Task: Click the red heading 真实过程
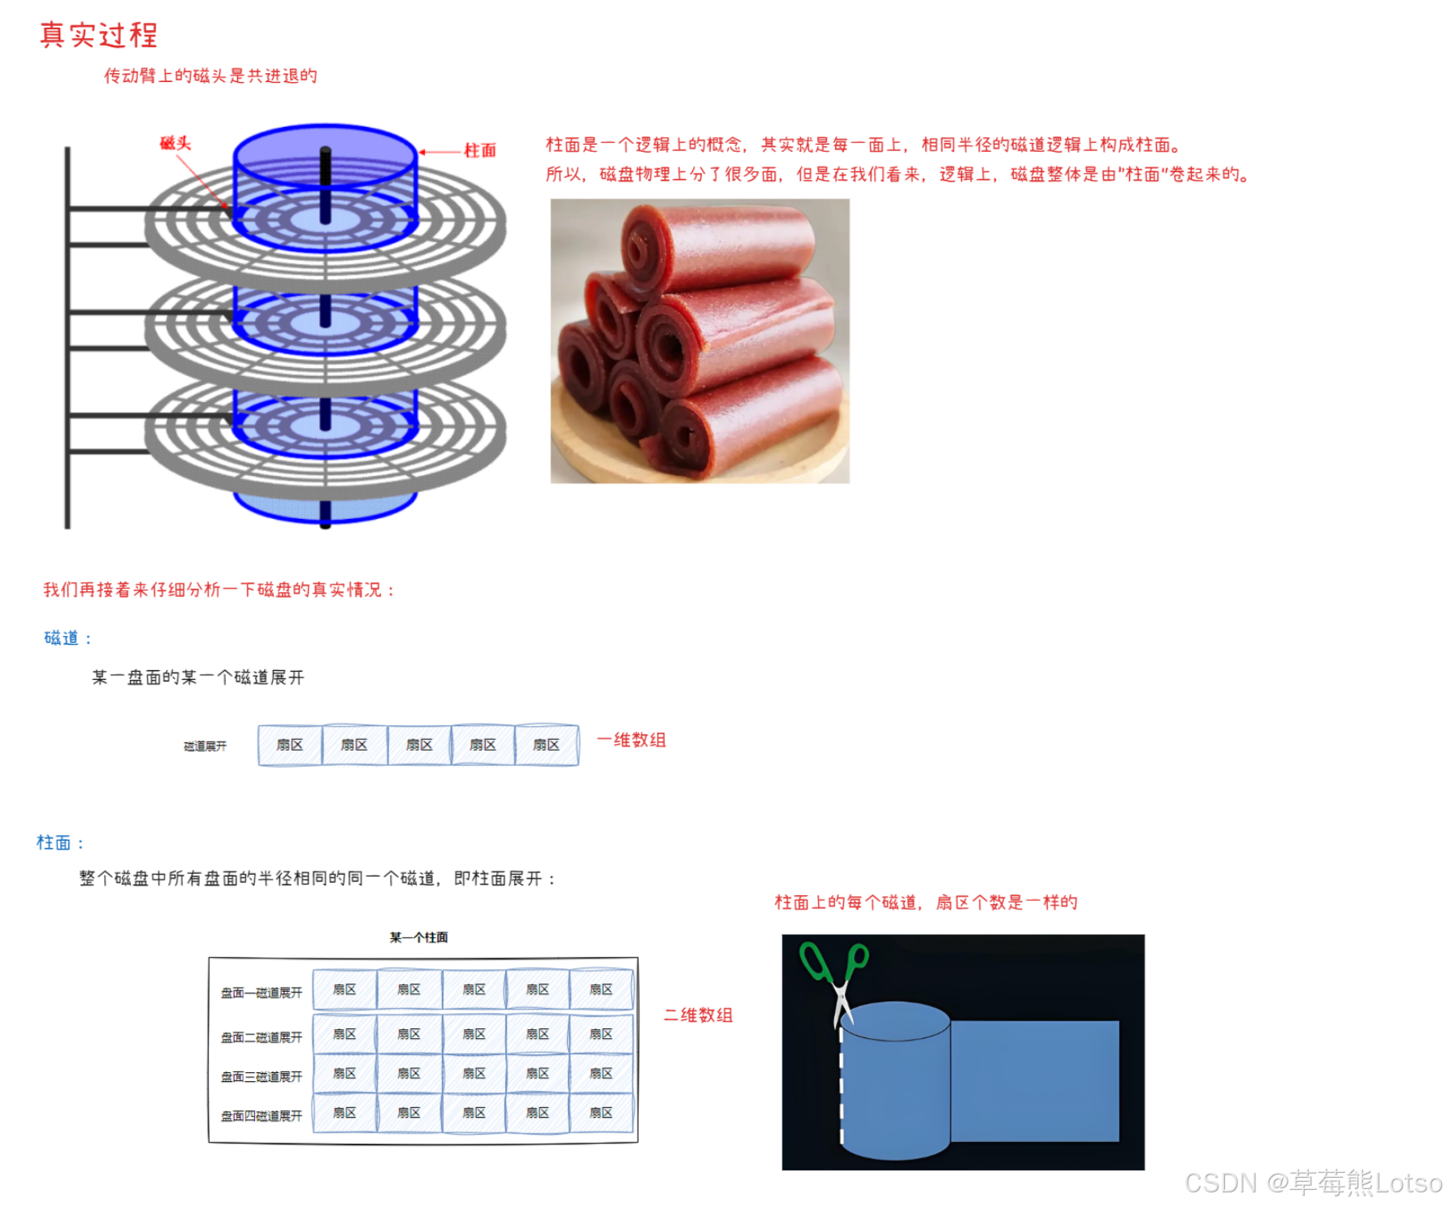(98, 35)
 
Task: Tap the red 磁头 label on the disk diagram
(175, 143)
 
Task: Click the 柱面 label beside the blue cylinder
(479, 150)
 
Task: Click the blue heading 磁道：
(67, 638)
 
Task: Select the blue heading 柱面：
(60, 842)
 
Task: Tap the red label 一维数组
(631, 740)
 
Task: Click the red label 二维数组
(698, 1014)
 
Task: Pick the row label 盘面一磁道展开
(262, 993)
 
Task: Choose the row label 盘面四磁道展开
(262, 1116)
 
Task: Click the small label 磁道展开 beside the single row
(205, 746)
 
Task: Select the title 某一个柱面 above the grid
(418, 937)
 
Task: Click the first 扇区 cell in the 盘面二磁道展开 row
(344, 1034)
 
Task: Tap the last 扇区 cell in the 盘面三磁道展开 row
(601, 1073)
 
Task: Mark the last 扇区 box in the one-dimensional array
(547, 745)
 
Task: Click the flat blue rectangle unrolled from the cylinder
(1034, 1081)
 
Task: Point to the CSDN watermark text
(1313, 1183)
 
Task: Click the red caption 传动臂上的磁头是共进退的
(210, 76)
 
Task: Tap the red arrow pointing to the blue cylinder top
(439, 152)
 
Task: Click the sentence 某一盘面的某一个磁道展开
(197, 677)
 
